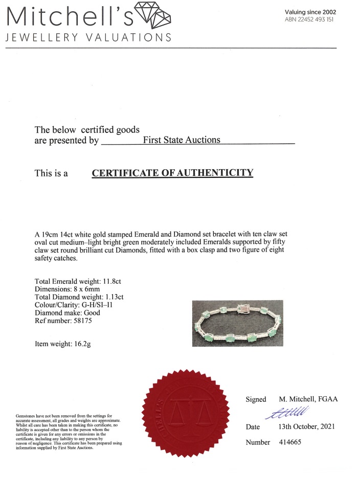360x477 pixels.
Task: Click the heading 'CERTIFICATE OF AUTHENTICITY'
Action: click(x=172, y=173)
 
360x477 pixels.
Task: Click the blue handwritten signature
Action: click(x=291, y=411)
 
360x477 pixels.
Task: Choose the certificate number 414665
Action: click(x=289, y=442)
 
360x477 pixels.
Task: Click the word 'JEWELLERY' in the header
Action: click(x=34, y=38)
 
